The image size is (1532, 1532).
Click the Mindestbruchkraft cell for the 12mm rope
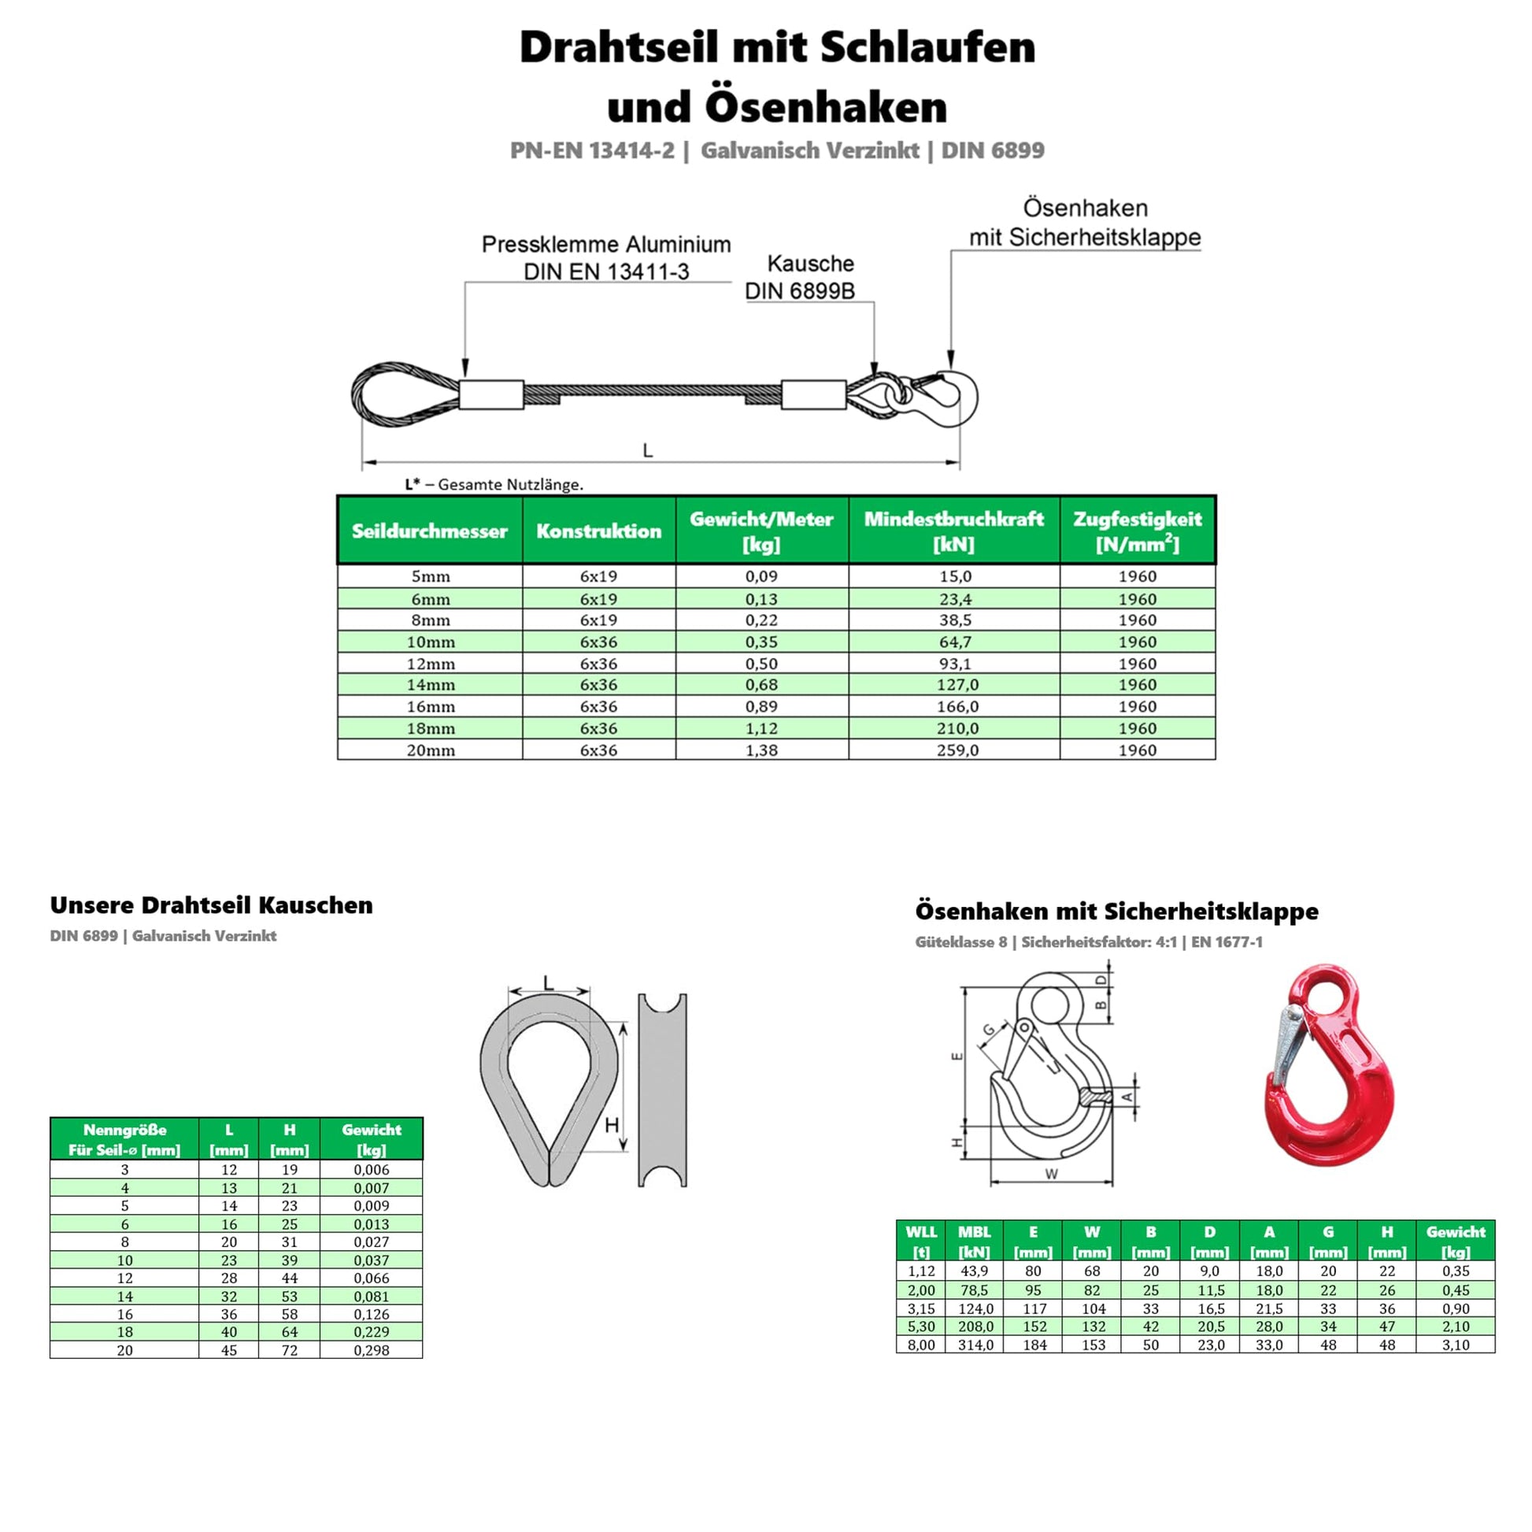point(955,664)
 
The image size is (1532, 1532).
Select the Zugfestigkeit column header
point(1137,531)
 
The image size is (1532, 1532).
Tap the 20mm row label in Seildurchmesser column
point(431,750)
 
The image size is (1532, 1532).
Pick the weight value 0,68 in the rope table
point(761,684)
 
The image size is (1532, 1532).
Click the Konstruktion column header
point(598,531)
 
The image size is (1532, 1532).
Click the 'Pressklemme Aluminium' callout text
point(606,244)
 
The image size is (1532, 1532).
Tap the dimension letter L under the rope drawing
point(648,450)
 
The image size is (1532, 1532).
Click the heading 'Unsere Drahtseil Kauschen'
point(211,905)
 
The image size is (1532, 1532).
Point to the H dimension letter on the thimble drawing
point(612,1124)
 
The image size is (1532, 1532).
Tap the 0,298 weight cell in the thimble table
point(371,1349)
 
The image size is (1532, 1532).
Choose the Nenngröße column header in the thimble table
point(124,1138)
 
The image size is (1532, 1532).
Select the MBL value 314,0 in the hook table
point(975,1345)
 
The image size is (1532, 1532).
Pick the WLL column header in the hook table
point(920,1241)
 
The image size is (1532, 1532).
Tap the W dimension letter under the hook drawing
point(1052,1175)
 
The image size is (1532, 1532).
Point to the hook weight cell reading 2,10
point(1456,1326)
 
